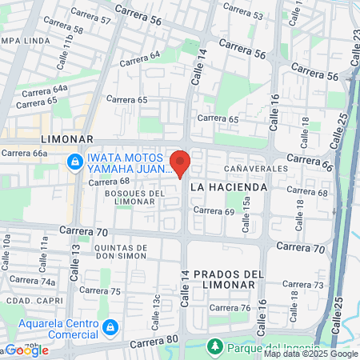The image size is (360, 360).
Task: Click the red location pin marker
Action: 181,163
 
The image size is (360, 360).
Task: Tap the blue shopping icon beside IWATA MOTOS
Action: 74,162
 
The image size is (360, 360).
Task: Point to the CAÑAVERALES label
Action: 255,170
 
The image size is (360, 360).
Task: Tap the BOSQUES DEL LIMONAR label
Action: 134,197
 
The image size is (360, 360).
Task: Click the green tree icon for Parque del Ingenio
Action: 214,346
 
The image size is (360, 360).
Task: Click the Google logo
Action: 26,350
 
